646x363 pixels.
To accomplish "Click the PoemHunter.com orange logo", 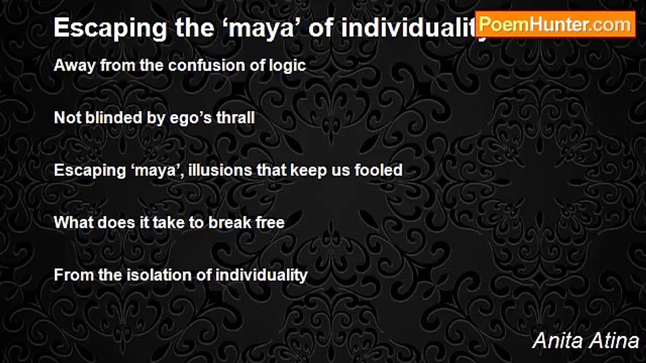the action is (x=555, y=25).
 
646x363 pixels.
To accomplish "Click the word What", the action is (x=74, y=223).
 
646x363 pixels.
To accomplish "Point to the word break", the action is (x=230, y=223).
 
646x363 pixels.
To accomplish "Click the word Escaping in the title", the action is (x=111, y=28).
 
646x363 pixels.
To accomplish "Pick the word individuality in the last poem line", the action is (x=261, y=276).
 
